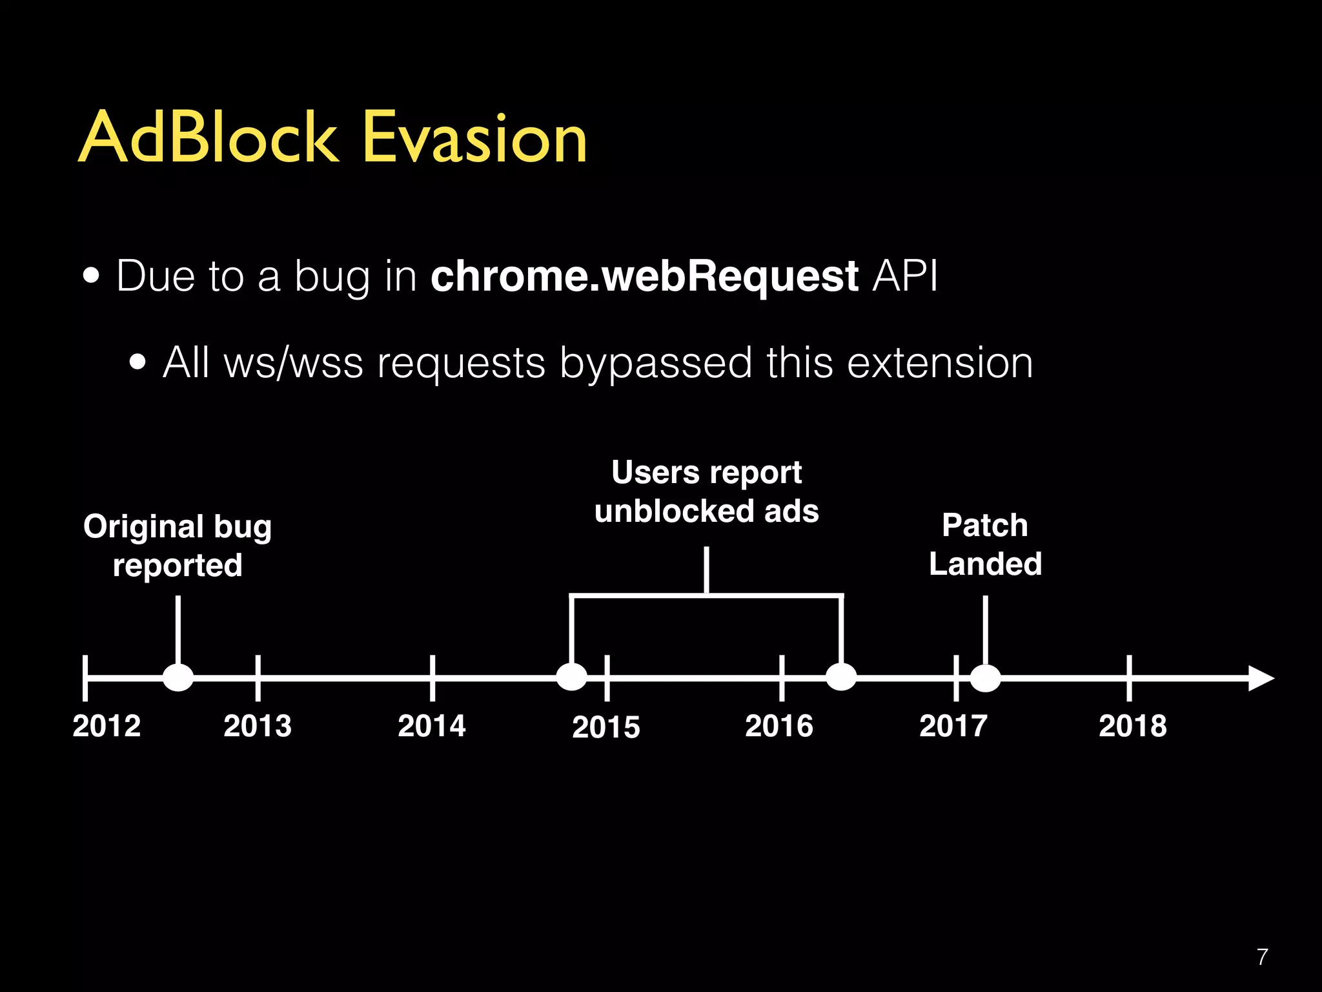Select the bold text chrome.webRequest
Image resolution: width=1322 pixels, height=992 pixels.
[x=644, y=276]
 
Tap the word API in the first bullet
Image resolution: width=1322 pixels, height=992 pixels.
[x=905, y=276]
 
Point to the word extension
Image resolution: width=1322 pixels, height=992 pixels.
[x=939, y=363]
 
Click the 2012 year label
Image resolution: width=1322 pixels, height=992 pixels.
[x=107, y=726]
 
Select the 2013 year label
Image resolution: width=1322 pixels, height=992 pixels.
[x=258, y=726]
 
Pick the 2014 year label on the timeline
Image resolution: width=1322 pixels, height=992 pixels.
[x=432, y=726]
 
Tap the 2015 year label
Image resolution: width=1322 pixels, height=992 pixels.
[x=606, y=727]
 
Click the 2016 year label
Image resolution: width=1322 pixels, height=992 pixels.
[x=779, y=726]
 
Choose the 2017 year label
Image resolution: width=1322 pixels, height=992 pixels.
[x=953, y=726]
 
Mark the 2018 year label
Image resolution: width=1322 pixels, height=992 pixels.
[x=1133, y=726]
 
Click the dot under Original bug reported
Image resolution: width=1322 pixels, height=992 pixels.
[x=178, y=677]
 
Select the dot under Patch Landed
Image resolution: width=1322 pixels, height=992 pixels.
[x=985, y=677]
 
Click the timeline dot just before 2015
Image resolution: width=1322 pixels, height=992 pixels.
[x=571, y=677]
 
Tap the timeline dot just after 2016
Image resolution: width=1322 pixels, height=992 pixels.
[x=841, y=677]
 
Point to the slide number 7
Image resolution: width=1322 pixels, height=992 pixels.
[x=1263, y=956]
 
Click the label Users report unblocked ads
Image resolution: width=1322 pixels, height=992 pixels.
[x=706, y=492]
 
